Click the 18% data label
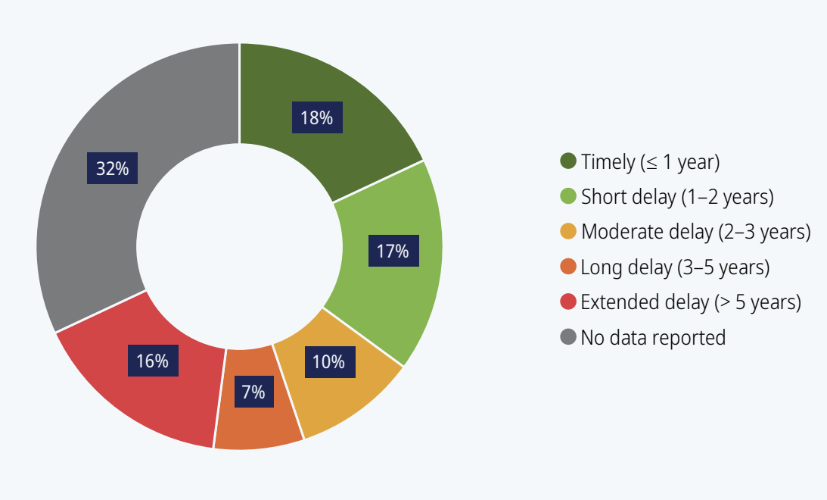pos(317,117)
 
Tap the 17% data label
pos(393,251)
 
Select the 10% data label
pos(330,361)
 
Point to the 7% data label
pos(254,391)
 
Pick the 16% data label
pos(153,361)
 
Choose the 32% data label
pos(112,168)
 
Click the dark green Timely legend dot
pos(568,161)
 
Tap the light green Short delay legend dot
pos(568,196)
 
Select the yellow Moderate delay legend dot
pos(568,231)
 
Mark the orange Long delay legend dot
pos(568,267)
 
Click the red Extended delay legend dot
pos(568,302)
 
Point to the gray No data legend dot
pos(568,337)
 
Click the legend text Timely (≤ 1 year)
pos(650,161)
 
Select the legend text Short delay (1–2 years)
pos(677,197)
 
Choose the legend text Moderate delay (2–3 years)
pos(695,232)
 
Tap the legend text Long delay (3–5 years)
pos(675,267)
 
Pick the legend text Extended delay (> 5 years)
pos(691,302)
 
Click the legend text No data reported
pos(653,337)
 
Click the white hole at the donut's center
pos(239,246)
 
